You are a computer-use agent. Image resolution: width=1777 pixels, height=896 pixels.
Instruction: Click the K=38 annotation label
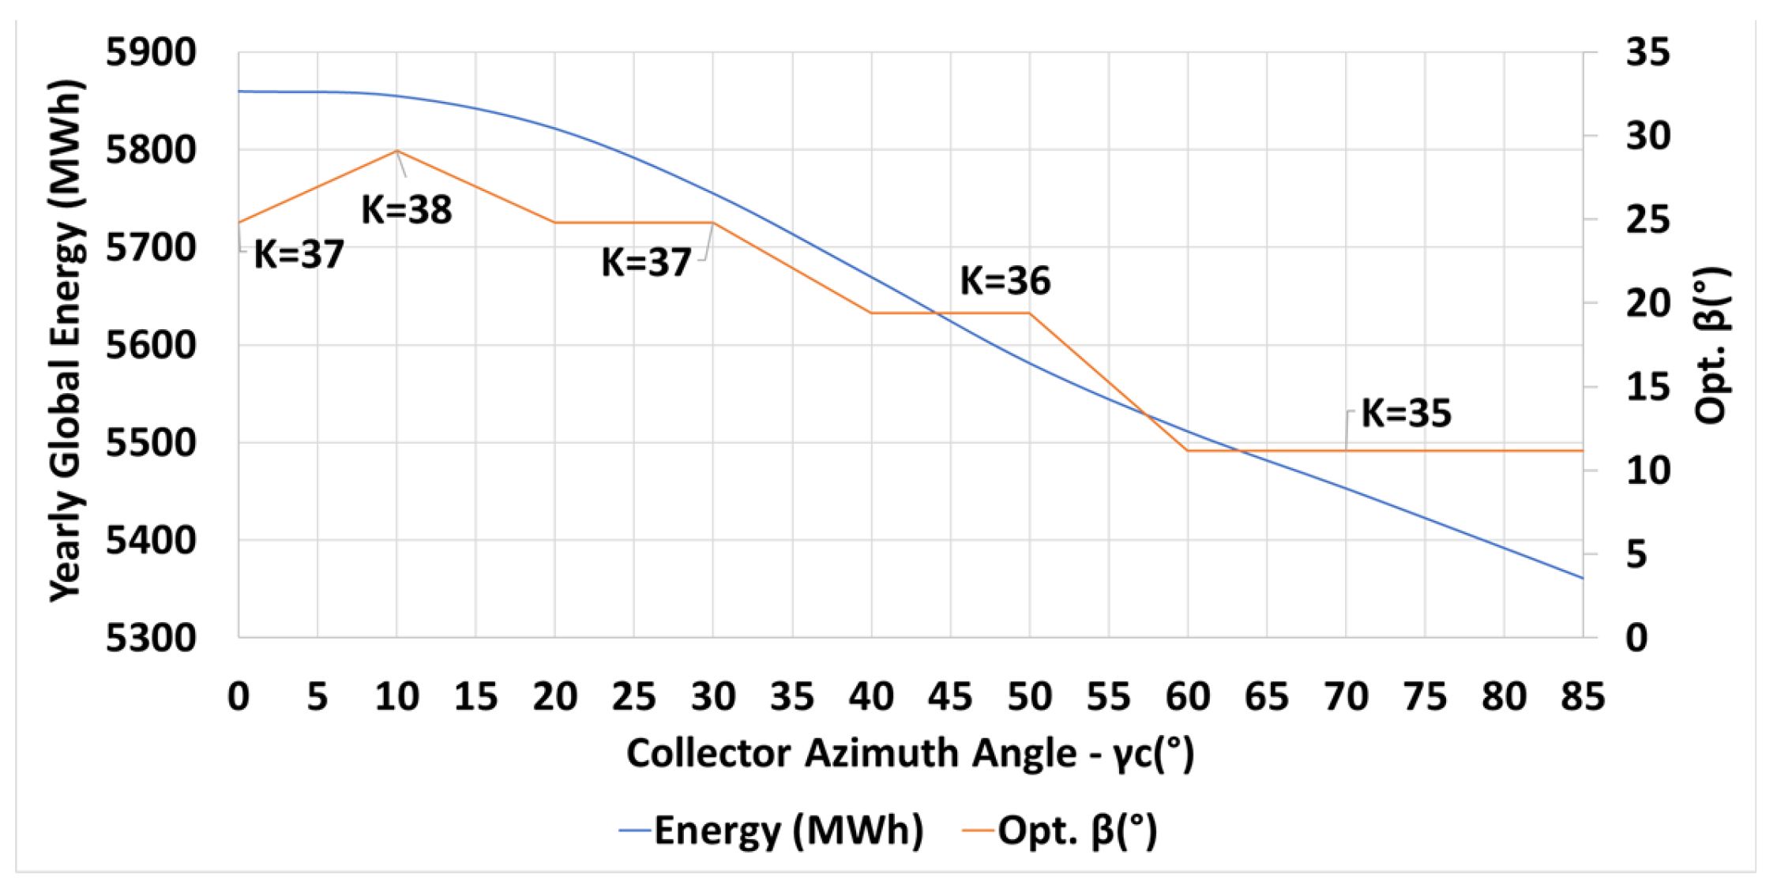click(x=406, y=210)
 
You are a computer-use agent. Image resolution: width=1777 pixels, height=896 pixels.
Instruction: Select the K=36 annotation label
click(x=1005, y=281)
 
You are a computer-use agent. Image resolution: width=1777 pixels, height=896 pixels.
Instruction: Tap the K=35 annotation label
click(x=1406, y=414)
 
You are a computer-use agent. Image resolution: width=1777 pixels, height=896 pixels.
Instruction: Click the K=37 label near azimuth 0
click(x=299, y=255)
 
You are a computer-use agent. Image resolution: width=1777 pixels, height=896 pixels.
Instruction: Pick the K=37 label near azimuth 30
click(x=646, y=262)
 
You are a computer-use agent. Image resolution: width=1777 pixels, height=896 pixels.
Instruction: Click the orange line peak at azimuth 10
click(x=396, y=151)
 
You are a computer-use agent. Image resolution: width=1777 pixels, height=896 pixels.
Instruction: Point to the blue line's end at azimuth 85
click(x=1582, y=578)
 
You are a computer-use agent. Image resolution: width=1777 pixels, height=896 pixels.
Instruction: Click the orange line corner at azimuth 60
click(x=1187, y=451)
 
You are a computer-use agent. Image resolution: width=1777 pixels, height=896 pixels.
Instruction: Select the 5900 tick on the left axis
click(x=151, y=53)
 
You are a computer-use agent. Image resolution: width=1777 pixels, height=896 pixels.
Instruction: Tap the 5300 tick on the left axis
click(x=151, y=638)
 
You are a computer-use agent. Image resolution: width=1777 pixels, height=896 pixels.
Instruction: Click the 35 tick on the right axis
click(x=1647, y=53)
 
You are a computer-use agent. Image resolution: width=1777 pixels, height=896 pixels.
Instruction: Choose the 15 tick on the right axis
click(x=1647, y=387)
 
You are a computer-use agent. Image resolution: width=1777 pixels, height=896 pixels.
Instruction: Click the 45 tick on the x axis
click(x=950, y=697)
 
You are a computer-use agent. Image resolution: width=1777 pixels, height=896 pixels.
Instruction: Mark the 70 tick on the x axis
click(x=1346, y=697)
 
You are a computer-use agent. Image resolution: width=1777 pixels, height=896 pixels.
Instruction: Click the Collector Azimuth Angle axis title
click(x=910, y=753)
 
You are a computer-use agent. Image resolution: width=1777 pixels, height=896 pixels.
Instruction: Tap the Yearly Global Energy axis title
click(x=66, y=341)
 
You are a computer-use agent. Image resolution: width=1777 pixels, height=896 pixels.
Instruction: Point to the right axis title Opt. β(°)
click(x=1712, y=346)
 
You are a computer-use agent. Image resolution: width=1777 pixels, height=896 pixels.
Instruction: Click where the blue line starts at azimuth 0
click(x=239, y=92)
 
